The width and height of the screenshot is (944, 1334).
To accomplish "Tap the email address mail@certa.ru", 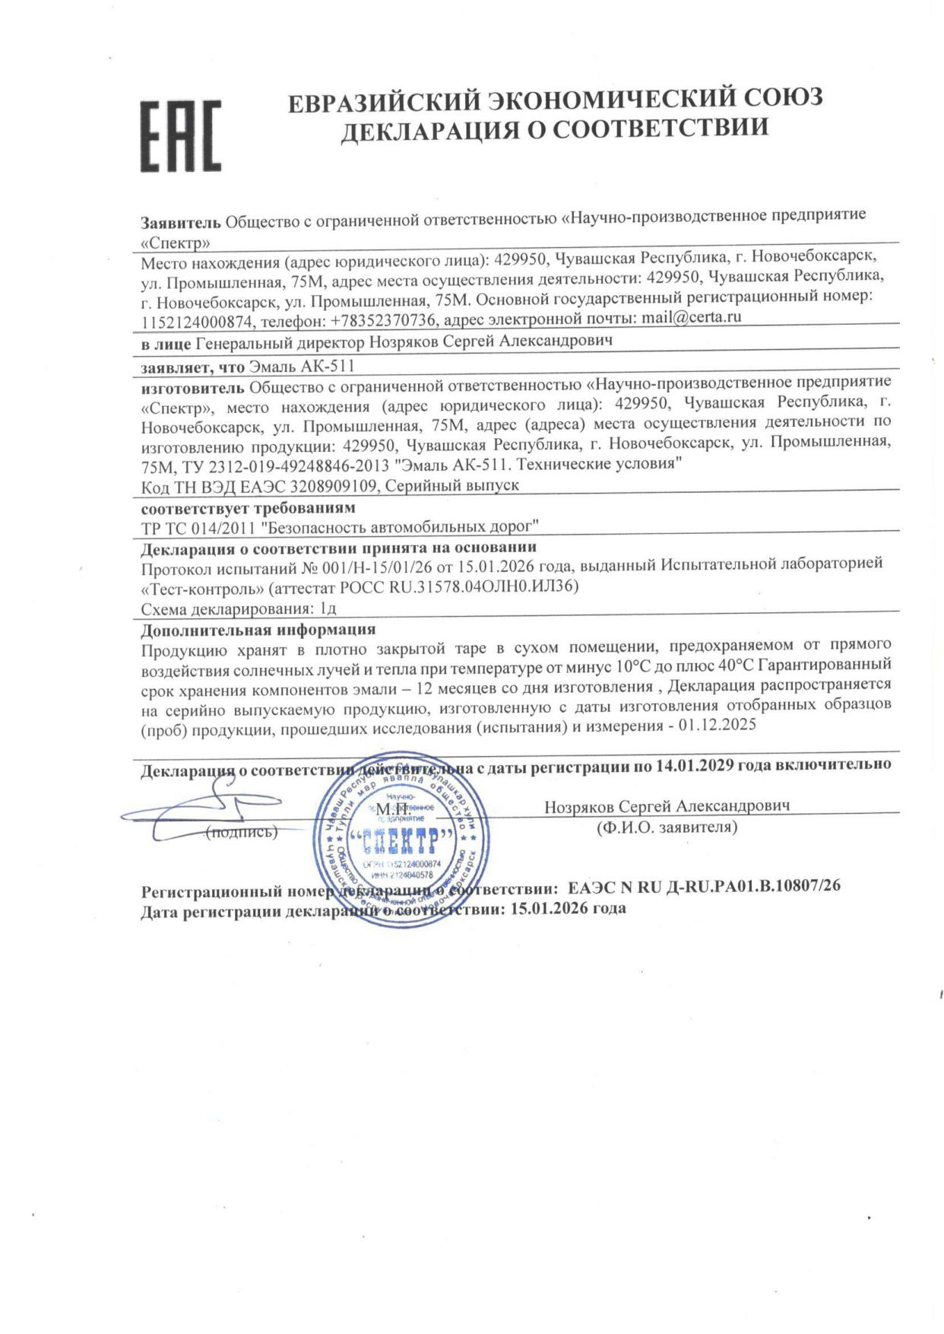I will tap(691, 317).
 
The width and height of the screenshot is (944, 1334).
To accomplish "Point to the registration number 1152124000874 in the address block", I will tap(196, 322).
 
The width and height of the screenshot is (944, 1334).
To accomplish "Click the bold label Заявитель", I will tap(181, 223).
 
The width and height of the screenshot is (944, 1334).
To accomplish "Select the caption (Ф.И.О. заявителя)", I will tap(667, 827).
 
